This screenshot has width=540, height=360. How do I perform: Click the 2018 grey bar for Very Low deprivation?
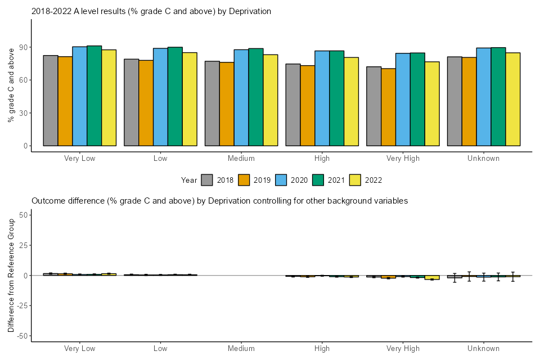click(x=51, y=101)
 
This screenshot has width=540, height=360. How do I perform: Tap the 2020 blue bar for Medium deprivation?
click(x=241, y=98)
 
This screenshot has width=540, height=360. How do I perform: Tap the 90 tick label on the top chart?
click(x=22, y=47)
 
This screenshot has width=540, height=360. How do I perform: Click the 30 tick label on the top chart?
click(x=22, y=113)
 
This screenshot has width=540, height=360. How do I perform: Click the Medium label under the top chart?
click(x=241, y=159)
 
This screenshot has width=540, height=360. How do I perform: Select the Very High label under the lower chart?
click(x=403, y=349)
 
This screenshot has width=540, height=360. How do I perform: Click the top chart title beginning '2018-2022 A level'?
click(x=151, y=11)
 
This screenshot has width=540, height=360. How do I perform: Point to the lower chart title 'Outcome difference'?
click(x=219, y=201)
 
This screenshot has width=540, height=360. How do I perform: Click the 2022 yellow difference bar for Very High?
click(x=432, y=278)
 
